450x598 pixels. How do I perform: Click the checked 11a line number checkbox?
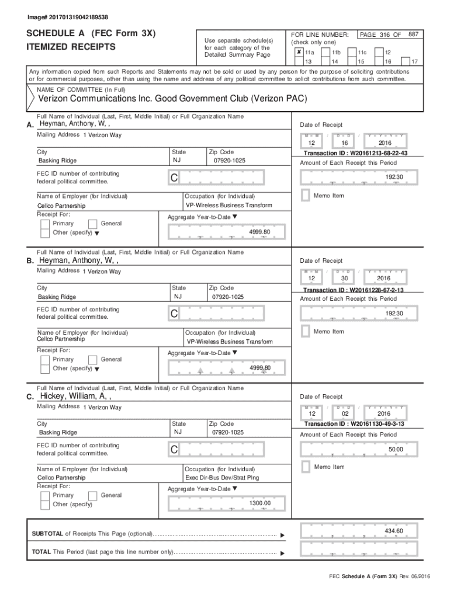point(299,52)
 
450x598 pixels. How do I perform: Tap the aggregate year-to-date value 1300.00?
point(259,503)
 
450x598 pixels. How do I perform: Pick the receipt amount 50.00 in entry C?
point(395,450)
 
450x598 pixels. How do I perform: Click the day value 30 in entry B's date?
point(344,279)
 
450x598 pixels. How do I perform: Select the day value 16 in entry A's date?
point(344,143)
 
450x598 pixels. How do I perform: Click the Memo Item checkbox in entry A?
point(305,196)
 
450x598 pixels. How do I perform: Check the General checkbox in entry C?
point(92,495)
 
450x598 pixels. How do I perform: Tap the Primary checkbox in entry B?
point(45,360)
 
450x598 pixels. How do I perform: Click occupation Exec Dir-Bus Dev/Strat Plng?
point(222,477)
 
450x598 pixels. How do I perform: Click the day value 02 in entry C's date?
point(344,414)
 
